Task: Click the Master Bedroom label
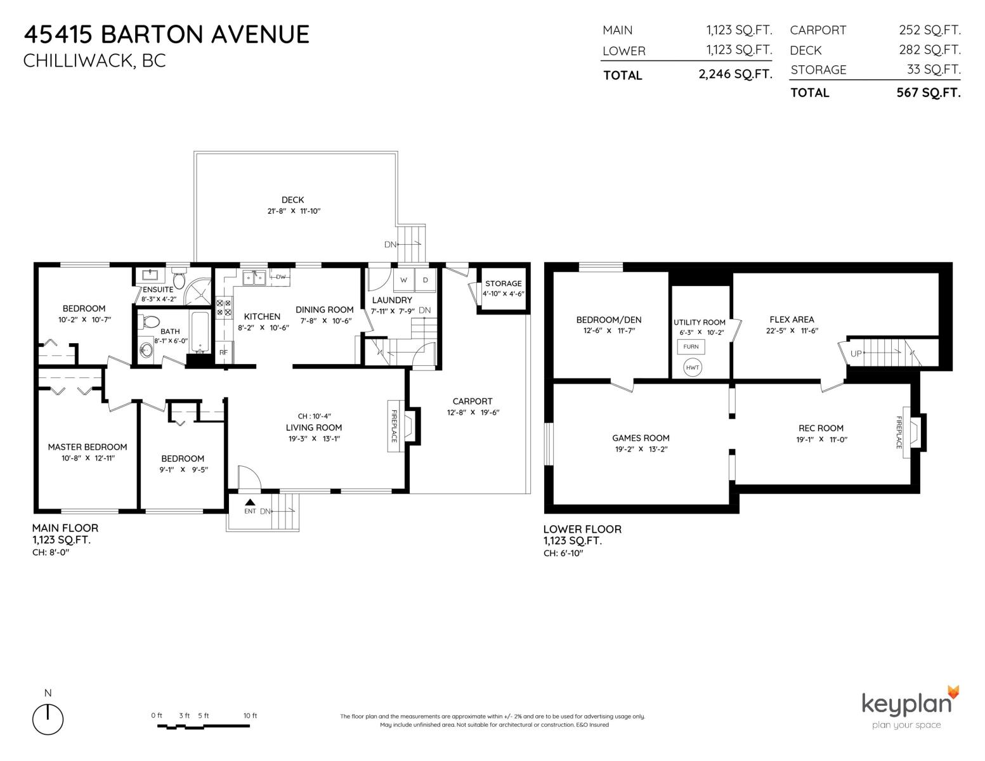[x=88, y=447]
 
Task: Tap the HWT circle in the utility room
[x=692, y=368]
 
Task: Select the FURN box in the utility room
[x=691, y=347]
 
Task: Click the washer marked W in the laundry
[x=403, y=280]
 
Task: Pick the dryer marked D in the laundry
[x=425, y=280]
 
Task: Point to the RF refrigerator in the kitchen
[x=223, y=352]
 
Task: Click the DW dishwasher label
[x=281, y=276]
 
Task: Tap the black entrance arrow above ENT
[x=250, y=502]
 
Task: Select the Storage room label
[x=503, y=283]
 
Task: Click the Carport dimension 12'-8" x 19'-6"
[x=473, y=412]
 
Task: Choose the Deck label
[x=293, y=200]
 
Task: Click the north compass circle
[x=48, y=719]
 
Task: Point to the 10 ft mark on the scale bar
[x=250, y=716]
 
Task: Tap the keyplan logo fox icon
[x=953, y=693]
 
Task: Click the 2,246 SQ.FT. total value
[x=735, y=74]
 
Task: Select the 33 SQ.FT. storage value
[x=934, y=69]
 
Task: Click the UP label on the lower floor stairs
[x=856, y=353]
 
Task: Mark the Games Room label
[x=641, y=438]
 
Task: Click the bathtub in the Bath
[x=200, y=332]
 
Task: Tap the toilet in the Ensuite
[x=179, y=279]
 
